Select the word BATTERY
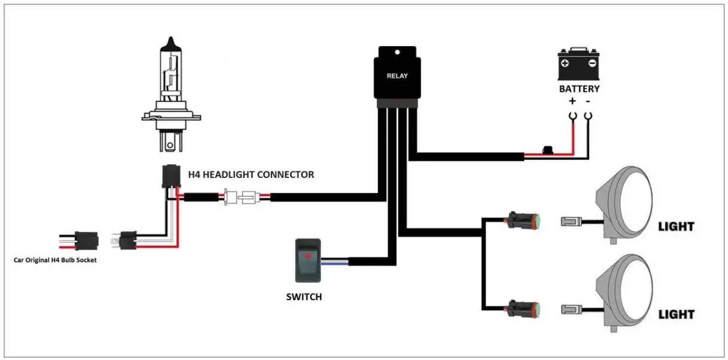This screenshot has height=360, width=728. (x=579, y=89)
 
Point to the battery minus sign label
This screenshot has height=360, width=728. (x=588, y=102)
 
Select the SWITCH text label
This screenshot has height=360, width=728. (x=303, y=297)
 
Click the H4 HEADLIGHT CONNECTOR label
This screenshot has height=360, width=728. (x=251, y=175)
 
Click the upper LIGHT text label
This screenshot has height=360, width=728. (x=676, y=227)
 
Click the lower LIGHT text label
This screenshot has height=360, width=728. (x=676, y=314)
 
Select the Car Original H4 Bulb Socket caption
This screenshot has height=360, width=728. (x=55, y=261)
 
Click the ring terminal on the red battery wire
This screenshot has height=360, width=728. (x=573, y=116)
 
